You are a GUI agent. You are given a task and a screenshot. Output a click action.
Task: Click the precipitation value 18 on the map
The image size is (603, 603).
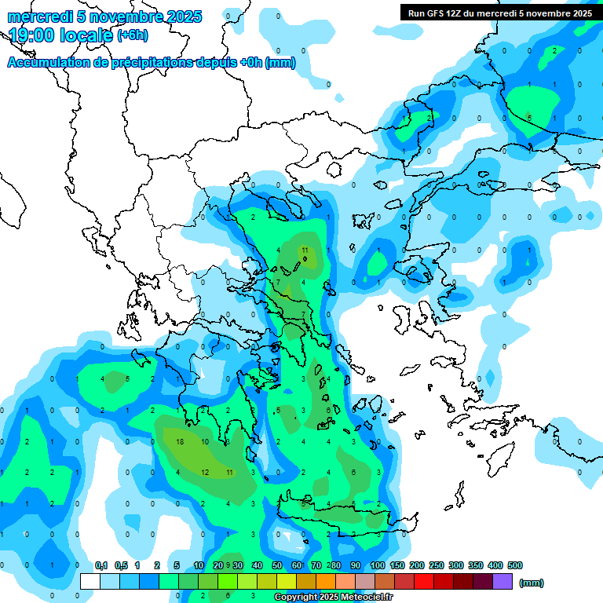pos(181,442)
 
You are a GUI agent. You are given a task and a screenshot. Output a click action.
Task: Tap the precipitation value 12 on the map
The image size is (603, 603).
pos(205,472)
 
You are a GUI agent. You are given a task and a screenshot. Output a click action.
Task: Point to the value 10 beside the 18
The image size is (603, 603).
pos(205,442)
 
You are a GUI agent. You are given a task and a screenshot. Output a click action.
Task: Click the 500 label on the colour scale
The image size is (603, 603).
pos(515,565)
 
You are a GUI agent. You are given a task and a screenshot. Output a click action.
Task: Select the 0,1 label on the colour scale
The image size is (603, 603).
pos(101,565)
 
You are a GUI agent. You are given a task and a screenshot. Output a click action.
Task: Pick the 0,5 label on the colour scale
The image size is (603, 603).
pos(122,565)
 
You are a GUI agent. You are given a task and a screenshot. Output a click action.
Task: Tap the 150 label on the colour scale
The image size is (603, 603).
pos(397,565)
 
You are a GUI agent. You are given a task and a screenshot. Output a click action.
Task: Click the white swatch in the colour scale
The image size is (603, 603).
pos(90,582)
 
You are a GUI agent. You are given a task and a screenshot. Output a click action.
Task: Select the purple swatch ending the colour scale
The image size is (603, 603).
pos(502,582)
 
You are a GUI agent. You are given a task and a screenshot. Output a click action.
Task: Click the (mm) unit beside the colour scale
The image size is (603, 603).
pos(532,583)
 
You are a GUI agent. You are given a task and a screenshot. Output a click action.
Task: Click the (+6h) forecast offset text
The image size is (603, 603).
pos(132,35)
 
